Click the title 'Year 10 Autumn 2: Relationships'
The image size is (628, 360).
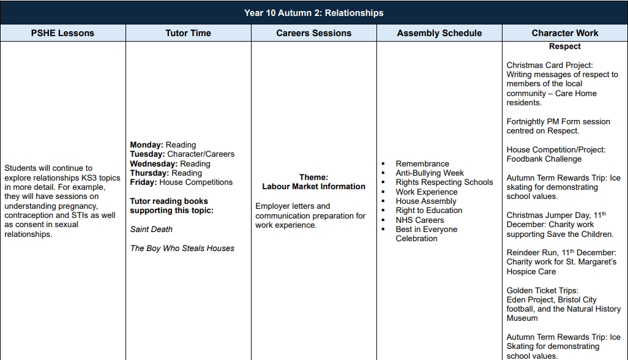tap(313, 13)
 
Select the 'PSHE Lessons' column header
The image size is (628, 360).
tap(62, 33)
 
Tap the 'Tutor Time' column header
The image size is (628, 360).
tap(188, 33)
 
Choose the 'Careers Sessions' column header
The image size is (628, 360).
tap(313, 33)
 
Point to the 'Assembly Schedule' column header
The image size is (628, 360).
tap(439, 33)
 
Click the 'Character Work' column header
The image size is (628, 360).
tap(564, 33)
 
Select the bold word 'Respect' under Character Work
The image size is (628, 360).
tap(564, 47)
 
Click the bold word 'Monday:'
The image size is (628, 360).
tap(147, 145)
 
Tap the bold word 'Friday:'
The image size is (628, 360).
tap(144, 182)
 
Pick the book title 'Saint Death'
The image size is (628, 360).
tap(151, 230)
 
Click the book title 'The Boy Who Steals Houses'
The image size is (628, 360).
tap(182, 248)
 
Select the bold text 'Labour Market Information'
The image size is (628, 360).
tap(313, 187)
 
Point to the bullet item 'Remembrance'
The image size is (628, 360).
tap(422, 164)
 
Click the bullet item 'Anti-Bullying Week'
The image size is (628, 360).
tap(430, 173)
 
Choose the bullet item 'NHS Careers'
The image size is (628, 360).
tap(420, 220)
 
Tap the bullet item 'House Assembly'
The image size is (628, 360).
tap(426, 201)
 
